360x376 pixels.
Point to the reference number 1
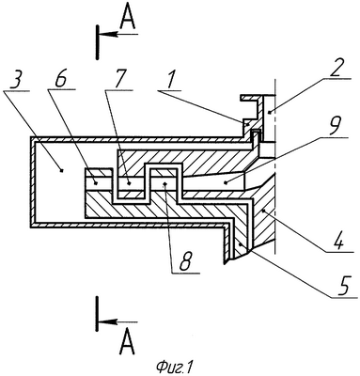[x=170, y=80]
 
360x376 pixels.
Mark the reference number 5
[x=344, y=286]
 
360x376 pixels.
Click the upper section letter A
[x=128, y=20]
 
